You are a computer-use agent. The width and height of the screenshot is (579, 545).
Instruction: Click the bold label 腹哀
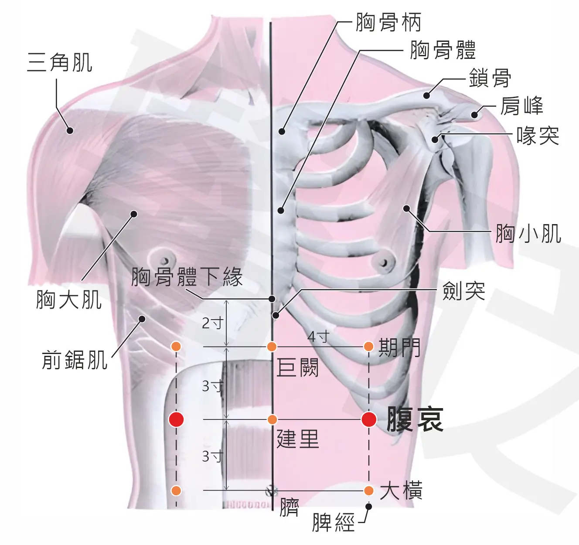pos(415,419)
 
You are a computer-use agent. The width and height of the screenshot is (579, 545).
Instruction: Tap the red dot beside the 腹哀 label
pos(369,419)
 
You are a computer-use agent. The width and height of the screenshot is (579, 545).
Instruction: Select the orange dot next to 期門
pos(369,347)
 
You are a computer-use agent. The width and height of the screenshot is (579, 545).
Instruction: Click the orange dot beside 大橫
pos(369,490)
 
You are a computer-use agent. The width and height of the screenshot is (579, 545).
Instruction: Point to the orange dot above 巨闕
pos(272,347)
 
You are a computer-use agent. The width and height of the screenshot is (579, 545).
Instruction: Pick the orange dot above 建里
pos(272,419)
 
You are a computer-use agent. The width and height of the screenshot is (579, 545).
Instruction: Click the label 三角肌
pos(60,62)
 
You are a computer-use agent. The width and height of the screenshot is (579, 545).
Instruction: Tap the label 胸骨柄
pos(388,22)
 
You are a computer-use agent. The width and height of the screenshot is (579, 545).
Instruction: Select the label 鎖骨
pos(490,78)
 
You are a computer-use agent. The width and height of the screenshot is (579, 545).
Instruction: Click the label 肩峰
pos(522,106)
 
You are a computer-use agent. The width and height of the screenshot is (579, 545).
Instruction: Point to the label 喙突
pos(538,136)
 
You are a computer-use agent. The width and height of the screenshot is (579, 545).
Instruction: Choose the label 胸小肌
pos(528,234)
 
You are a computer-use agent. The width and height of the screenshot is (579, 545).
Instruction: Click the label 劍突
pos(464,291)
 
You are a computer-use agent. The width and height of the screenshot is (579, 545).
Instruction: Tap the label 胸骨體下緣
pos(187,276)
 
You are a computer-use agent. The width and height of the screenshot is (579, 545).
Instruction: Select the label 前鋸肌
pos(75,360)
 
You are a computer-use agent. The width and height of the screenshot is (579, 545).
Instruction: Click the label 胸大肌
pos(69,300)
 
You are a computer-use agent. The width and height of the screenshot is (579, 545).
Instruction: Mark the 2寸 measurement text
pos(213,323)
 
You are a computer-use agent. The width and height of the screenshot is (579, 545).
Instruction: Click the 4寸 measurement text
pos(318,337)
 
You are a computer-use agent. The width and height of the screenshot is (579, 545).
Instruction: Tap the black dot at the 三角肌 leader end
pos(70,130)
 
